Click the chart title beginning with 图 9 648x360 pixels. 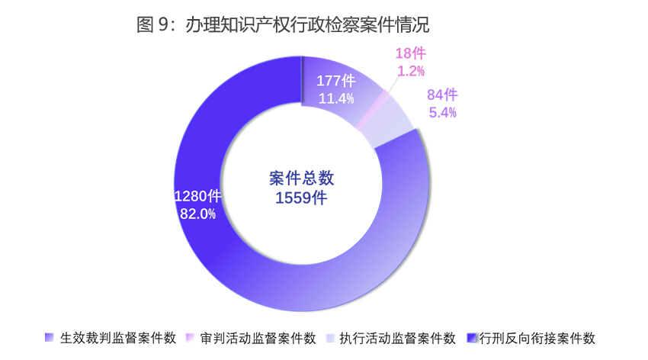pyautogui.click(x=283, y=25)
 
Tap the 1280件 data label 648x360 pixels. pyautogui.click(x=197, y=196)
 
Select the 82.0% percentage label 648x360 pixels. pyautogui.click(x=197, y=214)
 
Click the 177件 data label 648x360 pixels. pyautogui.click(x=336, y=81)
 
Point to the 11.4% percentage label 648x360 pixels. pyautogui.click(x=336, y=98)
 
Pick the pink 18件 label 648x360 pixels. pyautogui.click(x=410, y=53)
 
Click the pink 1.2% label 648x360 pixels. pyautogui.click(x=410, y=71)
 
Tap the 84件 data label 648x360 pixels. pyautogui.click(x=442, y=95)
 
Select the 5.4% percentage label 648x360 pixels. pyautogui.click(x=442, y=113)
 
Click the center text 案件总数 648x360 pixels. pyautogui.click(x=302, y=178)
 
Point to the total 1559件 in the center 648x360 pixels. pyautogui.click(x=302, y=198)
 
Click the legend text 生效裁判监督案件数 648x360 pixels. pyautogui.click(x=118, y=338)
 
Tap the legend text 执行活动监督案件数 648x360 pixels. pyautogui.click(x=397, y=338)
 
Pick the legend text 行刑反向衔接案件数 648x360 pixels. pyautogui.click(x=537, y=338)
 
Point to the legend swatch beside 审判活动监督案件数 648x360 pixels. pyautogui.click(x=190, y=338)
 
